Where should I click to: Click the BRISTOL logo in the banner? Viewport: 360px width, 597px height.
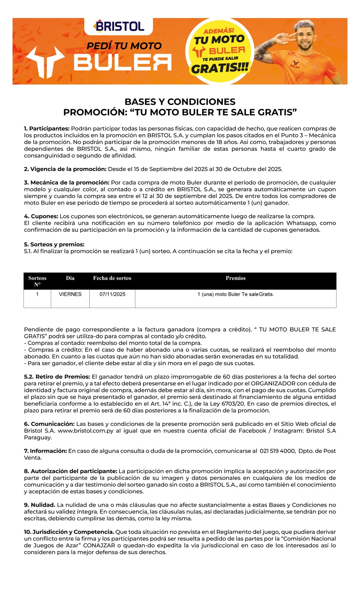119,26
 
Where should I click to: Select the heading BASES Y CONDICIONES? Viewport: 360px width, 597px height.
180,102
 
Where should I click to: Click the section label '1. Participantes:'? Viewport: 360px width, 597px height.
47,128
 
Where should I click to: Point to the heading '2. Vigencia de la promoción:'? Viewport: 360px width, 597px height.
65,169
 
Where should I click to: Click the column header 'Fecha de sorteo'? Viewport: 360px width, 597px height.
112,278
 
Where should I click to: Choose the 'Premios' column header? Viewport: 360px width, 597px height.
235,278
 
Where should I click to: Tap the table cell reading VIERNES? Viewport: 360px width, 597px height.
70,294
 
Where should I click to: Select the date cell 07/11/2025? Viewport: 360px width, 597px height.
112,294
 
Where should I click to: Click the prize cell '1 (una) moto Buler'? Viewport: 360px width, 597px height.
235,294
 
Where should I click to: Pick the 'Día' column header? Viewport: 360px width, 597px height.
70,278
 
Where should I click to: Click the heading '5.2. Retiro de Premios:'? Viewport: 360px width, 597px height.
57,377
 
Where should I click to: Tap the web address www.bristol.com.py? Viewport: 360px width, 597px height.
86,431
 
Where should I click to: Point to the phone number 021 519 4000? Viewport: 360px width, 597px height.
277,451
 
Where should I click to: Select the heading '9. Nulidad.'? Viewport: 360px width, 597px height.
40,505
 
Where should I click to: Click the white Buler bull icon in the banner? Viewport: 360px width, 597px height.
45,61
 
